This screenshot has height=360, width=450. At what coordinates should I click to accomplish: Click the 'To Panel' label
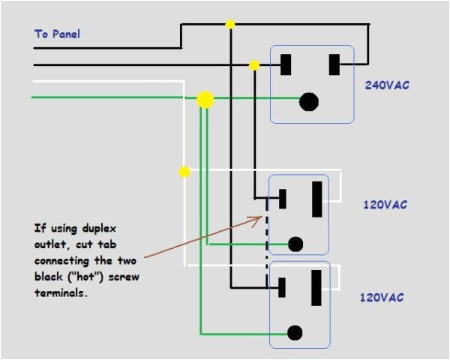click(x=57, y=34)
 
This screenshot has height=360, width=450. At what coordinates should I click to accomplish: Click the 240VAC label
click(x=386, y=85)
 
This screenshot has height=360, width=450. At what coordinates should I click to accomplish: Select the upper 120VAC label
click(x=385, y=205)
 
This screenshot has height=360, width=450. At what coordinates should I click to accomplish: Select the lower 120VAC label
click(x=382, y=298)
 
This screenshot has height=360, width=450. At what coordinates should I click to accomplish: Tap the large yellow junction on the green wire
click(x=204, y=99)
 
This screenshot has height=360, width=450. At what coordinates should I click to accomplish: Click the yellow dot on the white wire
click(x=184, y=172)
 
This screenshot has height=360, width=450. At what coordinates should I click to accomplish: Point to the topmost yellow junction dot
click(x=230, y=24)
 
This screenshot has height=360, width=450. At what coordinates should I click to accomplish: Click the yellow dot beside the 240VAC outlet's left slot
click(x=254, y=66)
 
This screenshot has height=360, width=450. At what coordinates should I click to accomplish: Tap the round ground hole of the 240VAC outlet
click(x=307, y=102)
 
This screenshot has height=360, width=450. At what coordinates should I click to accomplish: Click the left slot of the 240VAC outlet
click(x=286, y=64)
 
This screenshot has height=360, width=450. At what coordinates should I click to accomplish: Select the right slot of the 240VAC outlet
click(x=332, y=64)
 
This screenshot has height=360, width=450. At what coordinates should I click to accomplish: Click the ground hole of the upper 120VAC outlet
click(x=295, y=244)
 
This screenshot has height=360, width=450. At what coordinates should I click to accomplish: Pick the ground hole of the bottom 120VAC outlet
click(x=295, y=332)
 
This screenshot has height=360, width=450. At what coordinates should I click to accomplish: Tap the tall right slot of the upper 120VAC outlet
click(x=317, y=199)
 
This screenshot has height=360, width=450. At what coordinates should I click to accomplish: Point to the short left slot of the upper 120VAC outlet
click(x=283, y=199)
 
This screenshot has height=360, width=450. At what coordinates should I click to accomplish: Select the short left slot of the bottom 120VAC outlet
click(x=283, y=287)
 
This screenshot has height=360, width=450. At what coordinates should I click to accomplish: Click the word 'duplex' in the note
click(x=97, y=228)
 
